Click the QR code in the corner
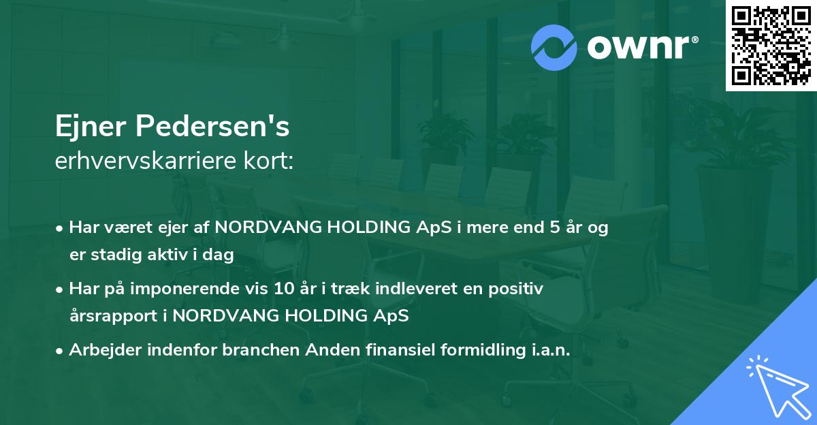click(771, 46)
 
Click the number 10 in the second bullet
click(283, 289)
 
